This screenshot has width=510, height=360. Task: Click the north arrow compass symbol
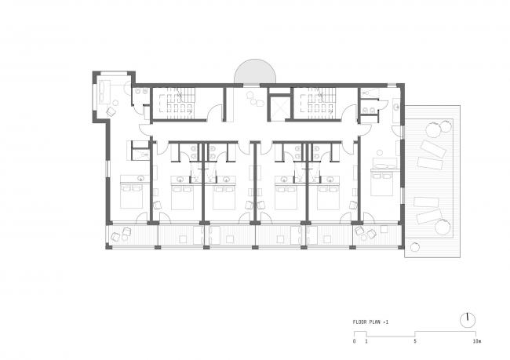click(x=468, y=319)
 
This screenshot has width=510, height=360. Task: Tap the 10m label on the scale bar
click(x=476, y=343)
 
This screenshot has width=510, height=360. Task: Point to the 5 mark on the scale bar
click(x=414, y=343)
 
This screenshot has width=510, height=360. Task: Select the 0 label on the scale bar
click(x=354, y=343)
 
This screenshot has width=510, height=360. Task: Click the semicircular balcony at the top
click(x=255, y=72)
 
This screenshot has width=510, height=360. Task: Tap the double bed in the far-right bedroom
click(x=382, y=184)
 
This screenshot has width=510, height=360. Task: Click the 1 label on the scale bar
click(x=366, y=343)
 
